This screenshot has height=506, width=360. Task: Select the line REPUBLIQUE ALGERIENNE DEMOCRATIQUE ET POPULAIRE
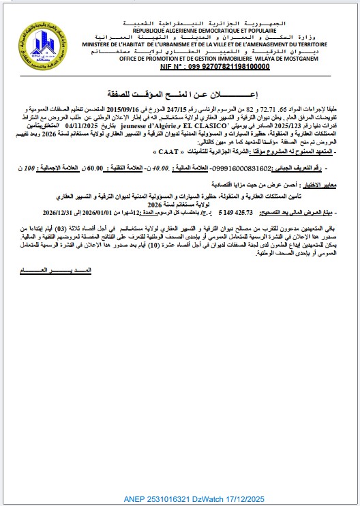182,32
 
